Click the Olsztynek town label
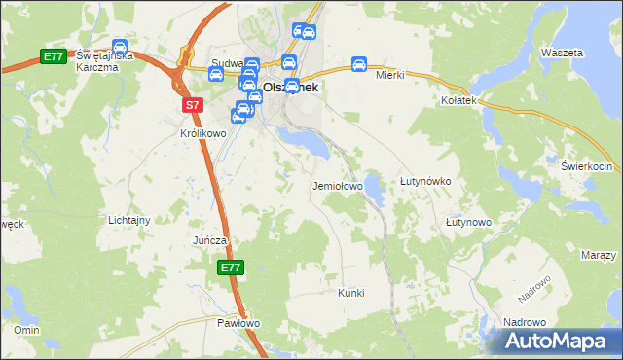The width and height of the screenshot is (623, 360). coord(292,87)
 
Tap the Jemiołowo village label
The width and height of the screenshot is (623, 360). coord(337,185)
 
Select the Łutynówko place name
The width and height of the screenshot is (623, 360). coord(424,181)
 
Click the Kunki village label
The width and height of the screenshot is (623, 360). coord(350,292)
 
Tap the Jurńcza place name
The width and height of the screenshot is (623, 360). coord(209,239)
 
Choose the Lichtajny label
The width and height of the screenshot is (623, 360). coord(129,220)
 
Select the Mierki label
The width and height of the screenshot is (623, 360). coord(389,74)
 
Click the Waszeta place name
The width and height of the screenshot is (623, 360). coord(562,52)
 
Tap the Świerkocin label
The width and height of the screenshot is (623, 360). coord(584,165)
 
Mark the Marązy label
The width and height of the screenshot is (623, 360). coord(598,255)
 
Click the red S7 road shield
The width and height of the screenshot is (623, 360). coord(192,104)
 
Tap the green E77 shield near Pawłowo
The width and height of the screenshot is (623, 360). coord(230,268)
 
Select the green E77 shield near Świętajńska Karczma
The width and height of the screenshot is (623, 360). coord(54,57)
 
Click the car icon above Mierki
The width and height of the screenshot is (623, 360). coord(358,64)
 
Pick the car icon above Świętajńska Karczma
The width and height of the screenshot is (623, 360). coord(119,47)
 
